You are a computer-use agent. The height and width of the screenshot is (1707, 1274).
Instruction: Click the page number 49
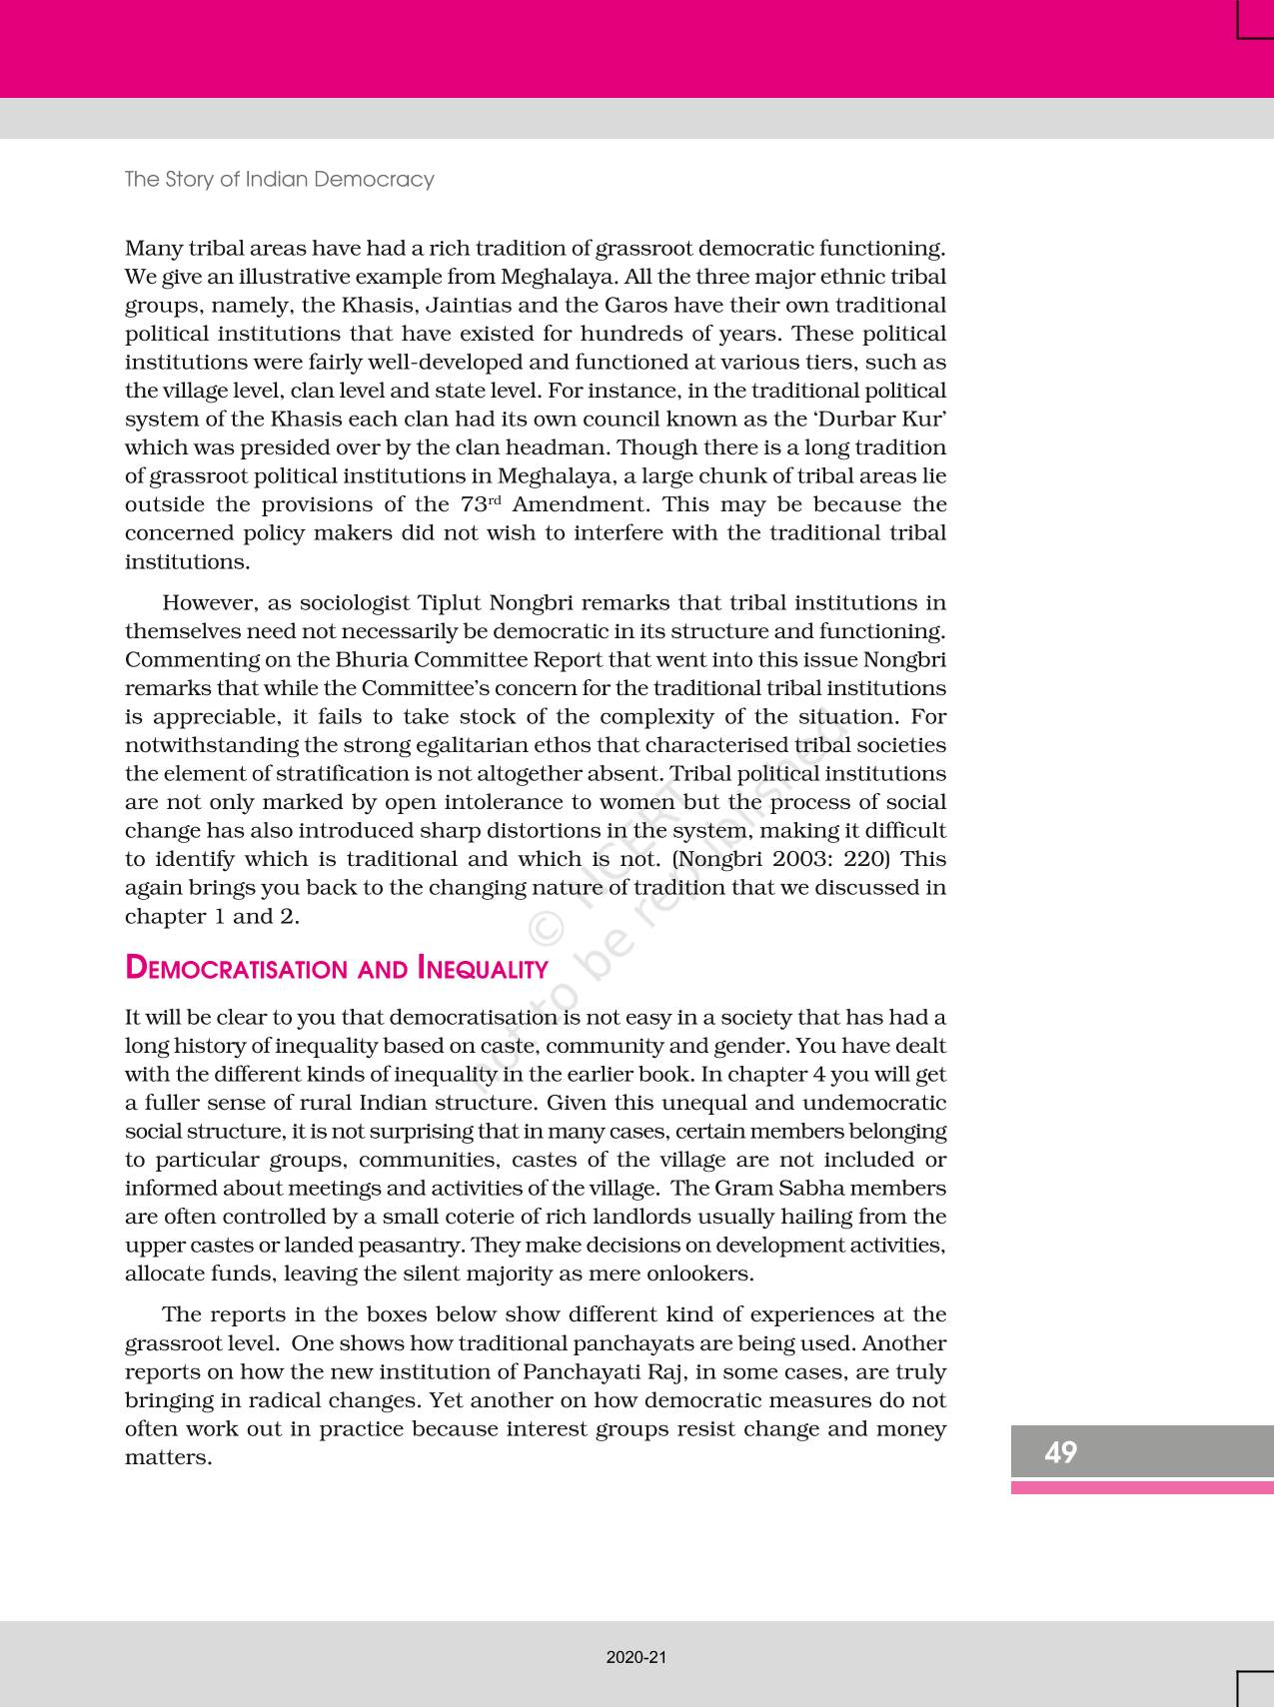[x=1060, y=1452]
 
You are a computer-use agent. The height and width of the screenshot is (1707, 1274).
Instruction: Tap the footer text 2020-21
[x=636, y=1657]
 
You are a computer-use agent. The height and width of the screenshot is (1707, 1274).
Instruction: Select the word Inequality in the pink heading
[x=483, y=969]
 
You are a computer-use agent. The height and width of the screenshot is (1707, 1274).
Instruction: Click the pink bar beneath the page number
[x=1142, y=1487]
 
